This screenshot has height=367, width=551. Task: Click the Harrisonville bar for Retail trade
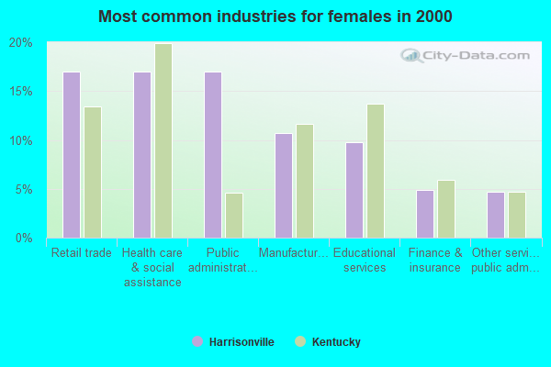pos(72,155)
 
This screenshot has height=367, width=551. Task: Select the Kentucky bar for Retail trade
pos(93,172)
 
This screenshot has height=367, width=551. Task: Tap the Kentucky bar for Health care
pos(163,140)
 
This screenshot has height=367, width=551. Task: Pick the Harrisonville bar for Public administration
pos(213,155)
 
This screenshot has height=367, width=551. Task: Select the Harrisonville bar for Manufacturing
pos(284,185)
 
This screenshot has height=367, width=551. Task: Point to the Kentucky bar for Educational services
pos(376,171)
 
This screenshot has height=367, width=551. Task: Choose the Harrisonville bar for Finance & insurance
pos(425,214)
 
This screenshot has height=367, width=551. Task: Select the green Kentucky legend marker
pos(299,342)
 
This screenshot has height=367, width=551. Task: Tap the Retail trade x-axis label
pos(82,253)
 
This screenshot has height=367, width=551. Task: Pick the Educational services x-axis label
pos(365,260)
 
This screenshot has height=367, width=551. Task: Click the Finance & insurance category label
pos(435,260)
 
